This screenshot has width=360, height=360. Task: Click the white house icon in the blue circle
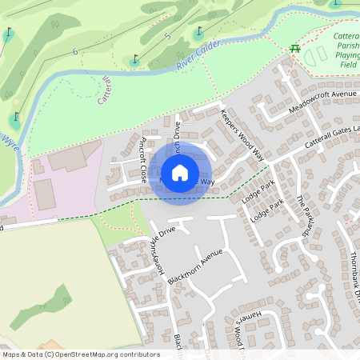[180, 172]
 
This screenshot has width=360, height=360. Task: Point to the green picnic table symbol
[295, 48]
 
